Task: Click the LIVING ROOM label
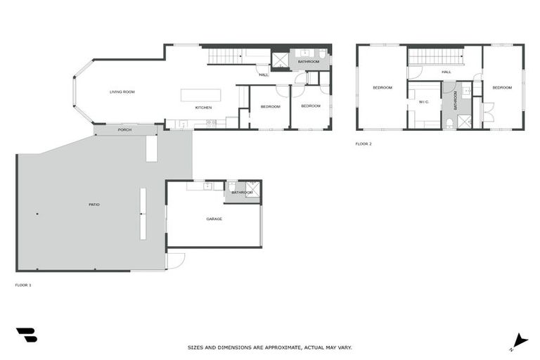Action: (x=122, y=92)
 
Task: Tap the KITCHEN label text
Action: (x=203, y=107)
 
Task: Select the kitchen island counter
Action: (x=200, y=95)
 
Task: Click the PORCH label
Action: (x=124, y=130)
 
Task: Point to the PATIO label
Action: (x=94, y=205)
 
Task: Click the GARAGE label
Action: (x=214, y=219)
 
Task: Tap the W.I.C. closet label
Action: (x=423, y=102)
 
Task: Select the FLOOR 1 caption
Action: (x=23, y=285)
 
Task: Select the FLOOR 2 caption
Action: (x=363, y=143)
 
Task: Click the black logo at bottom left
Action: (x=26, y=335)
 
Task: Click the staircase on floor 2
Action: (x=435, y=56)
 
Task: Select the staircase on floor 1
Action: (x=226, y=56)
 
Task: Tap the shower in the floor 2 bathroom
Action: (x=464, y=122)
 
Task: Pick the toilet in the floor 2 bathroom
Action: (x=449, y=123)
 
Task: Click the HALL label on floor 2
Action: (x=446, y=72)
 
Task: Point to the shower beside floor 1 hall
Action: (x=280, y=60)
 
